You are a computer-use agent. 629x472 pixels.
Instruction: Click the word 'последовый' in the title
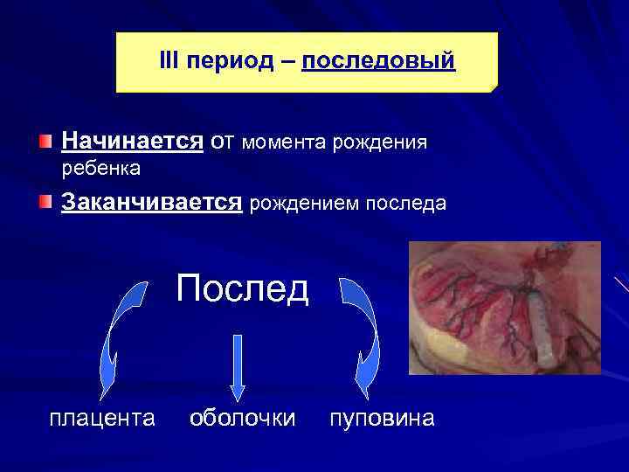[378, 61]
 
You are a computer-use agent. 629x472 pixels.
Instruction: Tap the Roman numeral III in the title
[169, 61]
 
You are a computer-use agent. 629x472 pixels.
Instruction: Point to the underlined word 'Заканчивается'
[151, 203]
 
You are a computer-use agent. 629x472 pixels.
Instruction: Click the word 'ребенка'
[101, 166]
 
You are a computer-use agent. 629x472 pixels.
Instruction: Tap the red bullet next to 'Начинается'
[45, 141]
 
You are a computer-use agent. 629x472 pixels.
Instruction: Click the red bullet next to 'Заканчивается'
[45, 203]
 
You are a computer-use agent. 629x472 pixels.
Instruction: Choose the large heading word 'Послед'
[242, 288]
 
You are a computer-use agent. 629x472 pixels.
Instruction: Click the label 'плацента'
[102, 418]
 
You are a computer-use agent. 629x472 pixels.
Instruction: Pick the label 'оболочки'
[242, 418]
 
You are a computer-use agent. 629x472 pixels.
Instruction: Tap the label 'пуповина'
[381, 418]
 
